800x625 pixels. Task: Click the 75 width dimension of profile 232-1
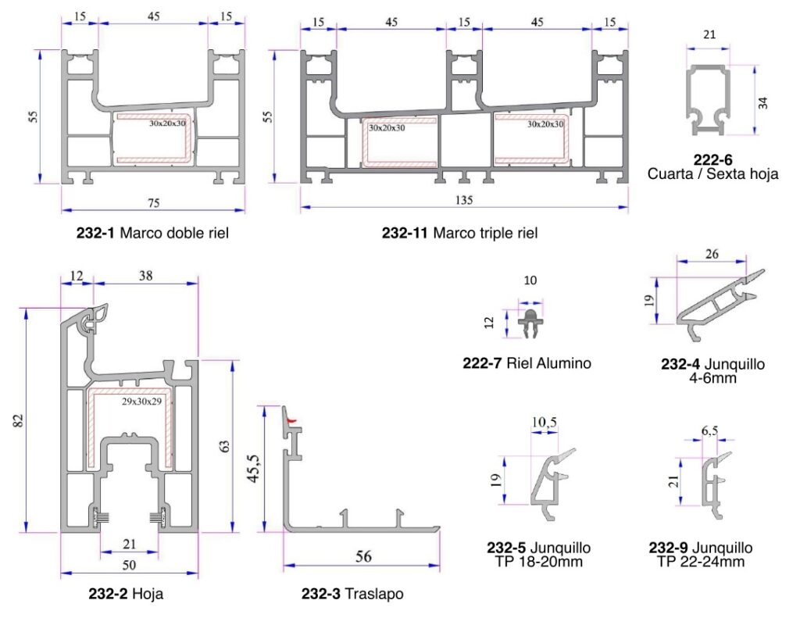click(154, 203)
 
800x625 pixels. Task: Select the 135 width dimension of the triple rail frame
click(464, 200)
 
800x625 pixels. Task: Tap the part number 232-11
click(405, 233)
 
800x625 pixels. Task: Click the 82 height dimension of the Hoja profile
click(19, 420)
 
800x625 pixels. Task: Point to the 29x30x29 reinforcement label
click(142, 402)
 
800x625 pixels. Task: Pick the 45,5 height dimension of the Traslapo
click(255, 469)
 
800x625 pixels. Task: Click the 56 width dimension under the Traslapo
click(363, 556)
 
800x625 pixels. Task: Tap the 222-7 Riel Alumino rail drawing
click(530, 321)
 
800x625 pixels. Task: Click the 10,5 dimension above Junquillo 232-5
click(545, 423)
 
